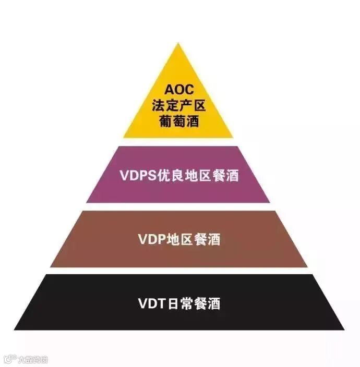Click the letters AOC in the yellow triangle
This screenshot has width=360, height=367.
178,90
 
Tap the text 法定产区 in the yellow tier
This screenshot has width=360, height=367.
178,106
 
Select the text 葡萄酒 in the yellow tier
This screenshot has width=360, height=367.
178,122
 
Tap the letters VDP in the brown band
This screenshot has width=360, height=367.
152,239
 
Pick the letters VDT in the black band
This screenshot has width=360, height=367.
151,303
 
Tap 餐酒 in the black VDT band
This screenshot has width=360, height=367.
207,303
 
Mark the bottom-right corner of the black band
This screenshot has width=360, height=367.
344,329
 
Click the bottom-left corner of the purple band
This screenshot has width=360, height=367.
87,202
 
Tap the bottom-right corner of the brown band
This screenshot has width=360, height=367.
307,267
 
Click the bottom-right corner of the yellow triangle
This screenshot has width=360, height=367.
233,138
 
